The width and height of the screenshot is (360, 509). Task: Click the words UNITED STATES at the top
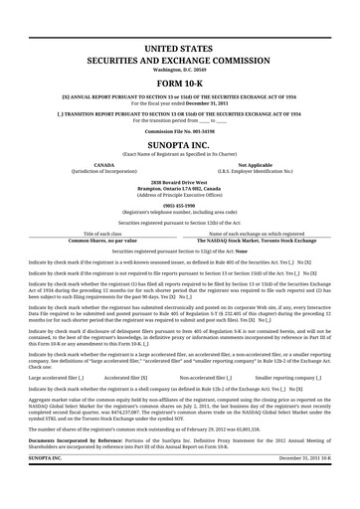point(179,47)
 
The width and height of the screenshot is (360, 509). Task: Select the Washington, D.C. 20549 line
point(179,70)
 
